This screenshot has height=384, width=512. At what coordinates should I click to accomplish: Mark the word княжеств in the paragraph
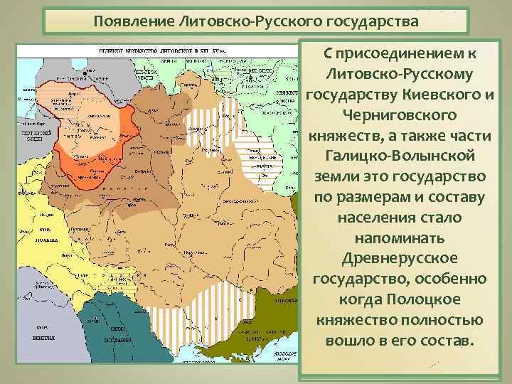[343, 134]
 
